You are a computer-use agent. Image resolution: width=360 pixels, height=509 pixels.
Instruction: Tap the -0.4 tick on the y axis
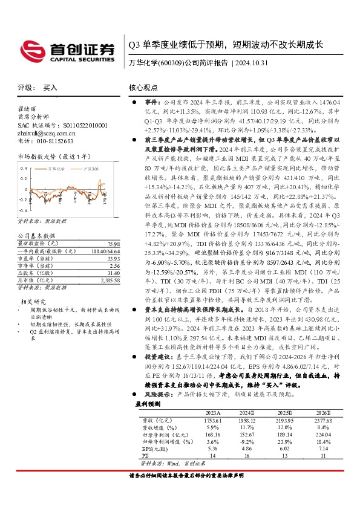pyautogui.click(x=24, y=207)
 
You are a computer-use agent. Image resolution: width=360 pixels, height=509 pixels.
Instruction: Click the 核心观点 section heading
pyautogui.click(x=142, y=87)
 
